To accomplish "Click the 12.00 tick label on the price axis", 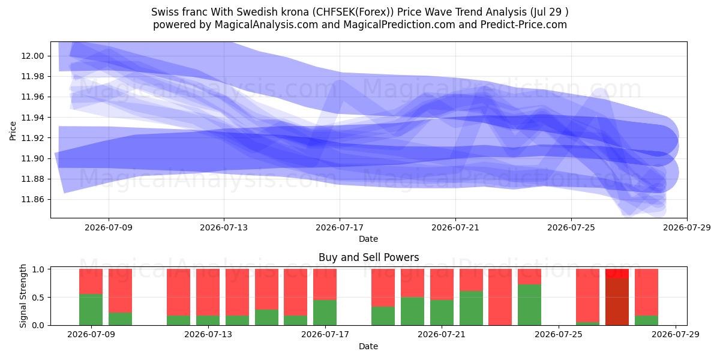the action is [x=32, y=56].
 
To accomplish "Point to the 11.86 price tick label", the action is [x=32, y=200].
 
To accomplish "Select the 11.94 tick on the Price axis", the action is [x=32, y=118].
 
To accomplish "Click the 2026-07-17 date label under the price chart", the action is [x=340, y=227].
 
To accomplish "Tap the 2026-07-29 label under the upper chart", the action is [x=687, y=227].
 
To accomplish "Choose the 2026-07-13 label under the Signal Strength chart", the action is [x=208, y=335].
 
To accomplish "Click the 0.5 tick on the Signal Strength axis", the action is [x=38, y=298].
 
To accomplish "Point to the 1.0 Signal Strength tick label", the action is [x=38, y=269].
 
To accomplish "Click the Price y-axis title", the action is [x=13, y=131].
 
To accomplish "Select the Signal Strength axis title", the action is [x=23, y=296].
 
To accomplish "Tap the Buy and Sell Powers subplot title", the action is [x=368, y=257].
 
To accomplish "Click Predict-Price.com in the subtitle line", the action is [x=524, y=25].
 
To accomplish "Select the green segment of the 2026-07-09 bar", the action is [x=91, y=310].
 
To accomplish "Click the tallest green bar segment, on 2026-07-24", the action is [x=529, y=305].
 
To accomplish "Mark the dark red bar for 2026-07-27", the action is [x=617, y=302].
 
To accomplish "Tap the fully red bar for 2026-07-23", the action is [x=500, y=297].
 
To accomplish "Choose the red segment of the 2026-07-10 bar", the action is [x=120, y=291].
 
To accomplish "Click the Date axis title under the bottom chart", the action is [x=368, y=347].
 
